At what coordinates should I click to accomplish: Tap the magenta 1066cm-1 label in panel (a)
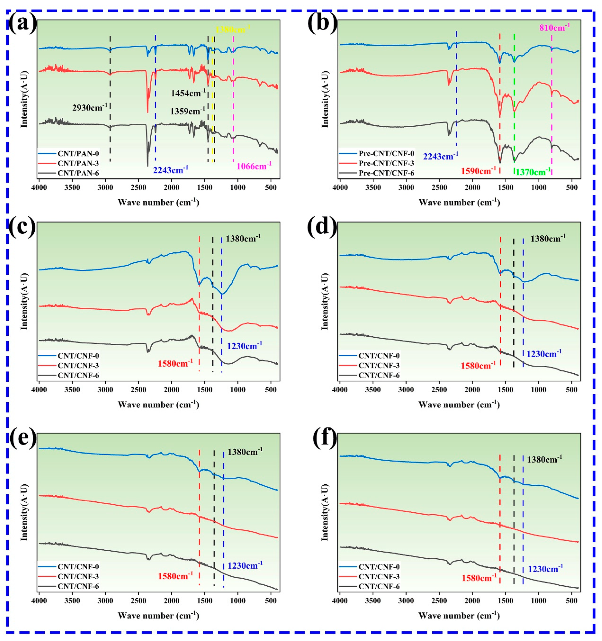[254, 166]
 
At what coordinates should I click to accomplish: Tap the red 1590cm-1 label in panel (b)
[478, 171]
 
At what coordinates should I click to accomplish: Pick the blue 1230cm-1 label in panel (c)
[245, 346]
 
